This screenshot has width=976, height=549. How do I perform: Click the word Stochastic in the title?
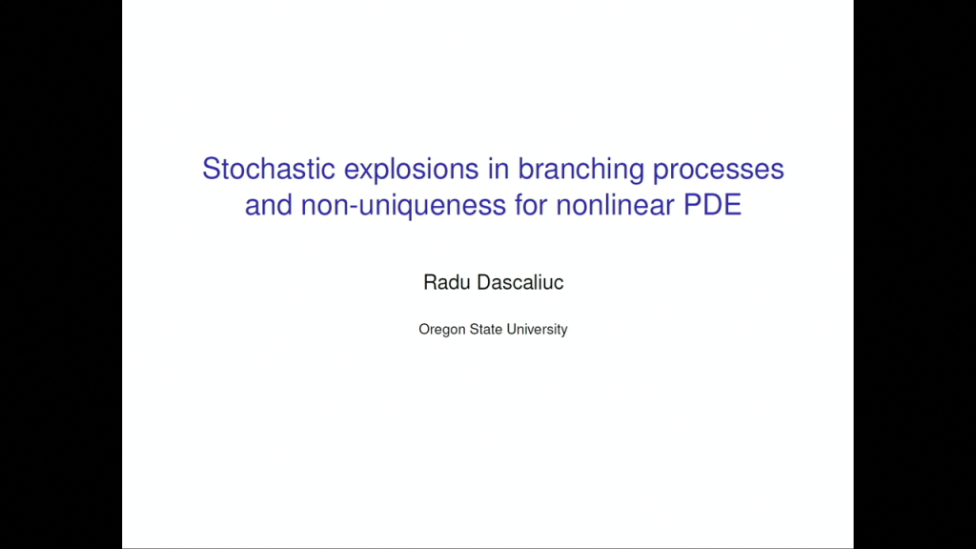point(255,170)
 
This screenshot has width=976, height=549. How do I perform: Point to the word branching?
point(579,171)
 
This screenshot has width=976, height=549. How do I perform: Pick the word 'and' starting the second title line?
point(268,205)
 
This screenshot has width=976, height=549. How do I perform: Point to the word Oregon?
point(441,330)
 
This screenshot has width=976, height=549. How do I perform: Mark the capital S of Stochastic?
point(211,170)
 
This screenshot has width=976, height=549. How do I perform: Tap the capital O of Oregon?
point(424,329)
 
